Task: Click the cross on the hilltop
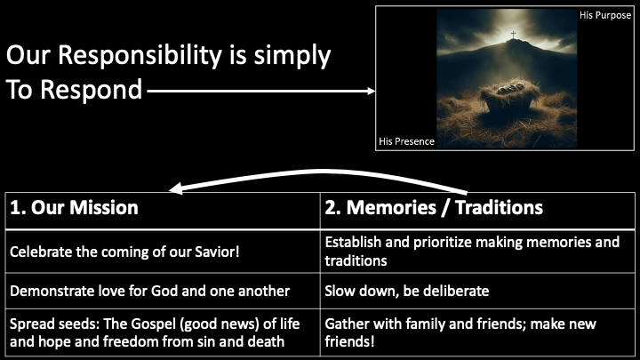[x=512, y=36]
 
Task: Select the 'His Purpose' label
[x=605, y=15]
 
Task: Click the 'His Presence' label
[x=406, y=140]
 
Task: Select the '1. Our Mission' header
[x=75, y=208]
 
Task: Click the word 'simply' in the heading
[x=296, y=56]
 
